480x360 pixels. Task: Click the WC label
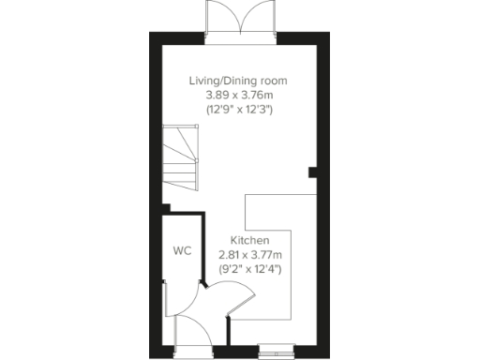(x=181, y=251)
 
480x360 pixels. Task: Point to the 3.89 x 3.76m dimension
(x=238, y=95)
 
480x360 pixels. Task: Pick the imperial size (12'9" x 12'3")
(x=238, y=110)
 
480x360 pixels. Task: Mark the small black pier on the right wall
(x=313, y=172)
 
